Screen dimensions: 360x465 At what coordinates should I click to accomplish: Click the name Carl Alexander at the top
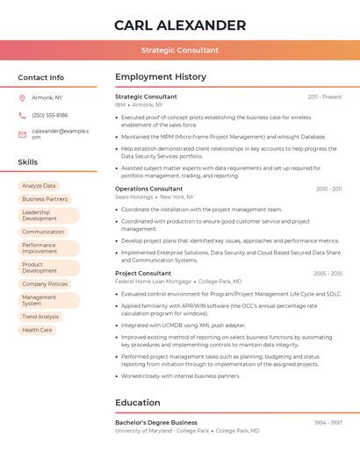click(x=180, y=25)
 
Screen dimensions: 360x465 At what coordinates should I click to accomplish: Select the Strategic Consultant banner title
click(x=180, y=50)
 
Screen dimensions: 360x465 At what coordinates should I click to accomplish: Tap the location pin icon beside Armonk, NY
click(x=22, y=97)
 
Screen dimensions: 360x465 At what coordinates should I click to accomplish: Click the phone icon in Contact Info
click(x=22, y=115)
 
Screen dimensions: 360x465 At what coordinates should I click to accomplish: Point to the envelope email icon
click(x=22, y=133)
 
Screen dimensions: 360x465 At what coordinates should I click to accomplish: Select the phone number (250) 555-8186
click(x=50, y=115)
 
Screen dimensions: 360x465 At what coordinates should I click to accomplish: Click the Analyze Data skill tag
click(x=39, y=186)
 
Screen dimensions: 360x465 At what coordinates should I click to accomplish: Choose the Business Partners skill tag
click(x=45, y=199)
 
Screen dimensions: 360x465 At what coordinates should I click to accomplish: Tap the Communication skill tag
click(x=43, y=232)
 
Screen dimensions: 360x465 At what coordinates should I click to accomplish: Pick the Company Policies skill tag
click(x=45, y=284)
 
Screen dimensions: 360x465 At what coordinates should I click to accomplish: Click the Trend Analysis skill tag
click(x=40, y=317)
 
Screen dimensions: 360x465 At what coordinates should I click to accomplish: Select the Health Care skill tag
click(x=37, y=330)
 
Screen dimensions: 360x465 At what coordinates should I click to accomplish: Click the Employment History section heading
click(x=161, y=77)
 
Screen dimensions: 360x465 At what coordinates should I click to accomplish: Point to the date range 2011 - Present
click(x=325, y=97)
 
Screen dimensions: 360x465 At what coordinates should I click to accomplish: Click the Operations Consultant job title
click(x=149, y=189)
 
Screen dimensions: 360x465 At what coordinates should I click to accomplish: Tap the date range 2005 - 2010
click(x=328, y=273)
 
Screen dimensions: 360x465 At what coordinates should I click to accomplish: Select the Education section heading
click(x=138, y=403)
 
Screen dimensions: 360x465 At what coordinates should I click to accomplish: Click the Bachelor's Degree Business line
click(x=156, y=423)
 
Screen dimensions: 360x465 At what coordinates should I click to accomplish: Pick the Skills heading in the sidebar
click(x=28, y=162)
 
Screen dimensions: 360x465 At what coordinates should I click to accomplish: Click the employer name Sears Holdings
click(x=134, y=197)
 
